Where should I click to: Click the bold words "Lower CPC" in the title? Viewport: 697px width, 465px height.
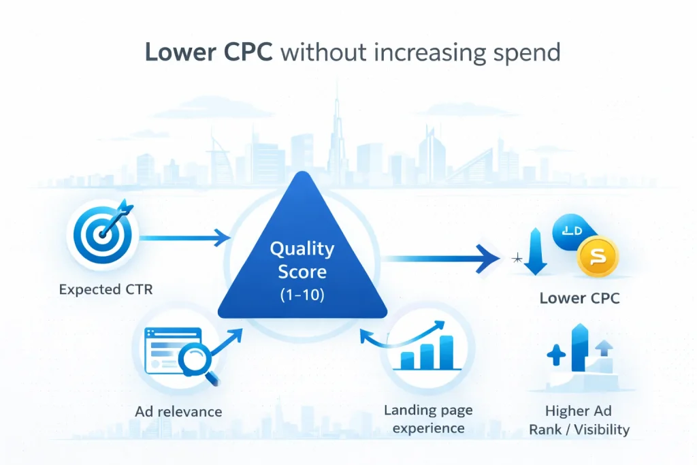208,52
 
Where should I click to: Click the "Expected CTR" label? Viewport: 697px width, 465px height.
106,289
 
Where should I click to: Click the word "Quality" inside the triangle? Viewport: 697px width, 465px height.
302,248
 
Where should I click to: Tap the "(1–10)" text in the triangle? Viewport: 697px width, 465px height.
302,296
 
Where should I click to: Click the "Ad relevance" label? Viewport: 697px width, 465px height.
178,411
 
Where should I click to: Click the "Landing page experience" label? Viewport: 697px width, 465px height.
428,419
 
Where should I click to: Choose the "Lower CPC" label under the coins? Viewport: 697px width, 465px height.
579,298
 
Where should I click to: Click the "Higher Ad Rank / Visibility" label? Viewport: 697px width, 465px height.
587,420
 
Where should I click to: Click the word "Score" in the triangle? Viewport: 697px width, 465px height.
302,272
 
